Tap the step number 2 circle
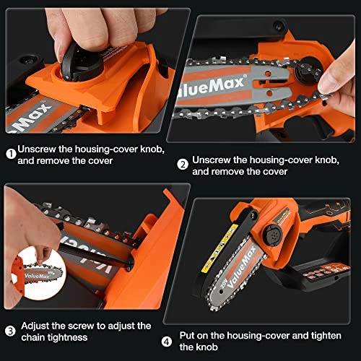coord(183,165)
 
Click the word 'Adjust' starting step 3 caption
coord(36,326)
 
